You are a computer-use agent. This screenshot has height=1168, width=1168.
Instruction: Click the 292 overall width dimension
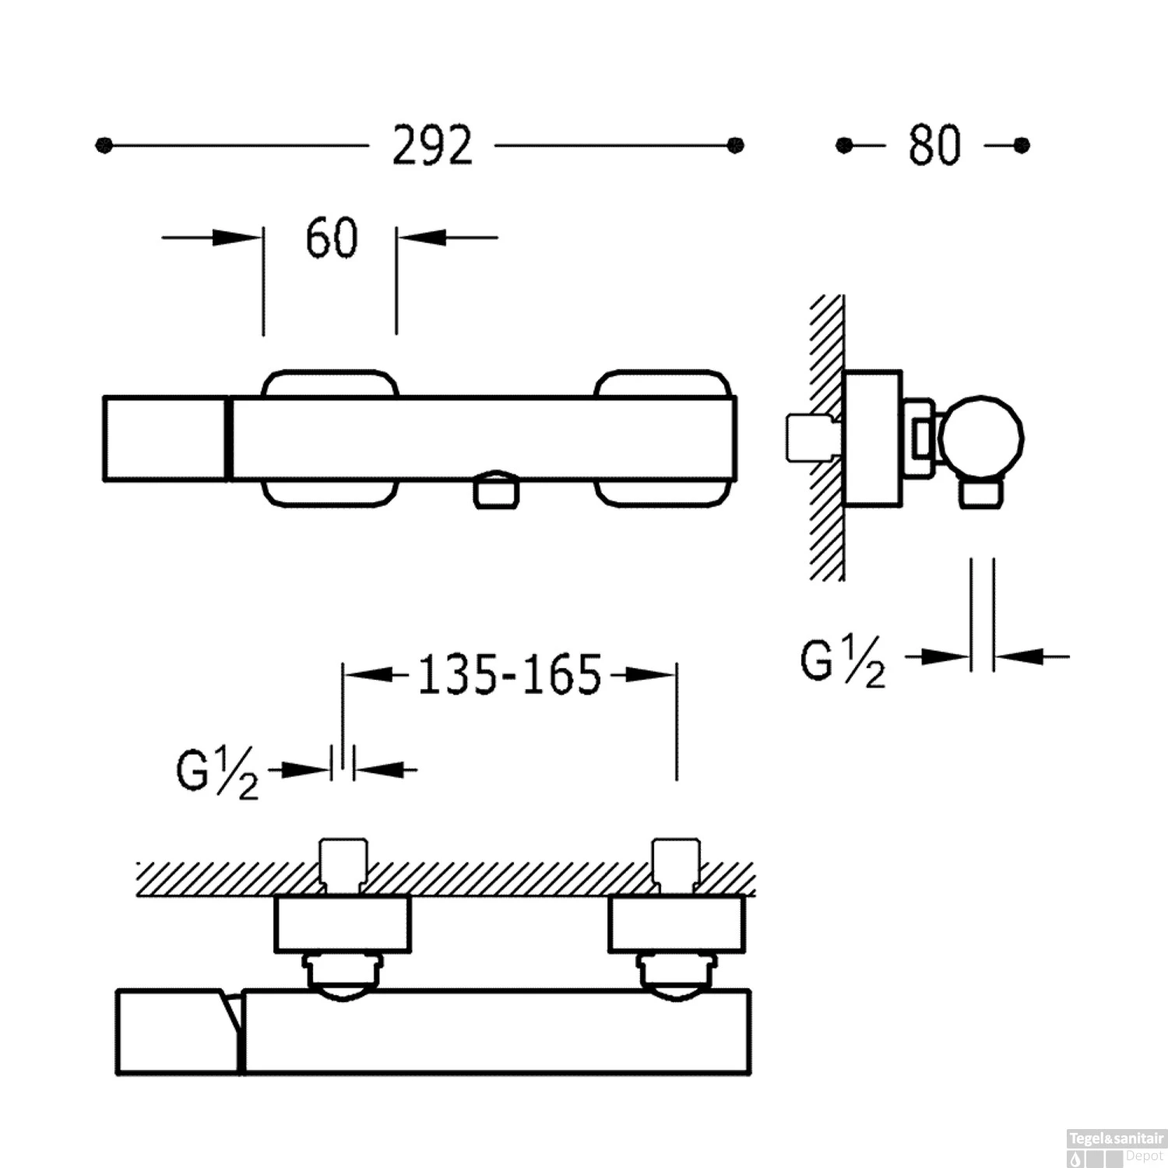click(432, 146)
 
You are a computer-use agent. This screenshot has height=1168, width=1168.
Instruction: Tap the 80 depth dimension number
click(934, 146)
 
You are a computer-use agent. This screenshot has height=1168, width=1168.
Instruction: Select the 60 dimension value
click(332, 237)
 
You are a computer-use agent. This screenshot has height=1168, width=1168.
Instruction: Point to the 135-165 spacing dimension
click(510, 674)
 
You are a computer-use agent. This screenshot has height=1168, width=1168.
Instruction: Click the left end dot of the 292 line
click(104, 146)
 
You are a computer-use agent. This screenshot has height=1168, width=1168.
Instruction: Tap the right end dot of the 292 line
click(735, 146)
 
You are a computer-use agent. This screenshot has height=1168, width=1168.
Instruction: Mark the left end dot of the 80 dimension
click(844, 146)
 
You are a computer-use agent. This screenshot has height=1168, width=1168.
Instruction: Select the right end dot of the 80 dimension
click(1022, 146)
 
